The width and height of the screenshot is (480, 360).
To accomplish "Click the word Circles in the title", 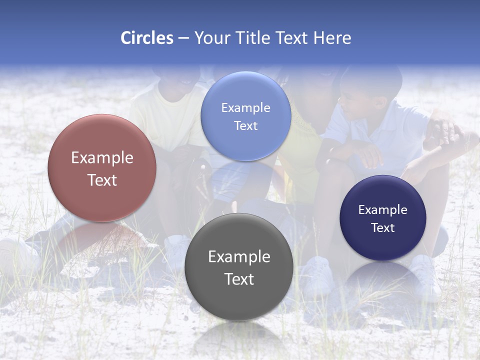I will pyautogui.click(x=146, y=38).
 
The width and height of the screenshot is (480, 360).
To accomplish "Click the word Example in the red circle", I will pyautogui.click(x=102, y=158).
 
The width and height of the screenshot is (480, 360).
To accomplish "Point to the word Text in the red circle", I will pyautogui.click(x=102, y=180).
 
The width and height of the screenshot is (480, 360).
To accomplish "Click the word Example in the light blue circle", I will pyautogui.click(x=245, y=108).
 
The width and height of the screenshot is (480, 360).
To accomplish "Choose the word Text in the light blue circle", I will pyautogui.click(x=245, y=126).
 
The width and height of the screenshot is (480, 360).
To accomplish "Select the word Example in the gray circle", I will pyautogui.click(x=239, y=257).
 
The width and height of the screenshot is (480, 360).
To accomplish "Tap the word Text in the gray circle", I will pyautogui.click(x=239, y=279).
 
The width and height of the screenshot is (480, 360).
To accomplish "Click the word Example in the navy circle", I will pyautogui.click(x=383, y=210).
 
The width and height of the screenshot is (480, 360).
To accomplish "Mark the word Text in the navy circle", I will pyautogui.click(x=383, y=228).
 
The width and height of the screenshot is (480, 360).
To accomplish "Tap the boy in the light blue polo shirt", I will pyautogui.click(x=380, y=130).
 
